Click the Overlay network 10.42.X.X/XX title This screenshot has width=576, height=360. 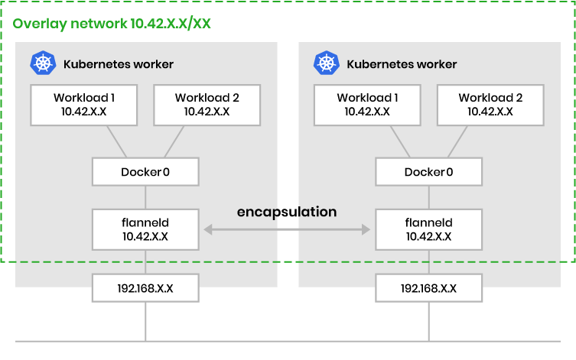(x=112, y=23)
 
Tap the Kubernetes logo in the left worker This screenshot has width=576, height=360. (x=42, y=64)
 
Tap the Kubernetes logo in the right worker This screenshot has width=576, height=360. (x=326, y=64)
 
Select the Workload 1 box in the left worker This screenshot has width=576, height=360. (x=84, y=105)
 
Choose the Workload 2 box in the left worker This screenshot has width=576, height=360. (x=207, y=105)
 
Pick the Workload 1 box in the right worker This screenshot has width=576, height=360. (x=367, y=105)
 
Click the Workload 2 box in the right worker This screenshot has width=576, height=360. (x=490, y=105)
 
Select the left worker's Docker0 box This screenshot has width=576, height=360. (x=145, y=171)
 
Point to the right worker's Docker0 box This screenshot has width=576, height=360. (x=428, y=171)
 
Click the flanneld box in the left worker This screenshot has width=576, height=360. (x=145, y=230)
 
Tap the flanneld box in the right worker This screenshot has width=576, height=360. (x=428, y=230)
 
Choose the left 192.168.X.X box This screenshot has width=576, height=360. (x=145, y=288)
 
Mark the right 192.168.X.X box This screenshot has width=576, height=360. (x=428, y=288)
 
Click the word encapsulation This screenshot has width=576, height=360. (x=287, y=212)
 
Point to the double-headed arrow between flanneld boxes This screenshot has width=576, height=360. (x=287, y=228)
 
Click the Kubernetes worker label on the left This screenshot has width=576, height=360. (x=119, y=64)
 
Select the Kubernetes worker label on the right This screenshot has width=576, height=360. (x=402, y=64)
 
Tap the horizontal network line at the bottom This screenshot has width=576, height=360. (x=287, y=340)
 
